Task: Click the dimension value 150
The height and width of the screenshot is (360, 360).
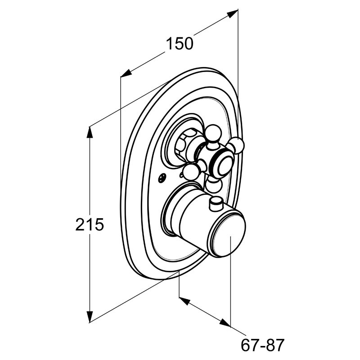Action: tap(180, 44)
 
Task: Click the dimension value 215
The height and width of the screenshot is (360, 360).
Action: tap(90, 224)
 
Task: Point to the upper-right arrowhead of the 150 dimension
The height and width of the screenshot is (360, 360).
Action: tap(232, 14)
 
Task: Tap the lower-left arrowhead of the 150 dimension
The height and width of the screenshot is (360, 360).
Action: tap(126, 72)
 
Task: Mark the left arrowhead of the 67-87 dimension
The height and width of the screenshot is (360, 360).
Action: tap(184, 301)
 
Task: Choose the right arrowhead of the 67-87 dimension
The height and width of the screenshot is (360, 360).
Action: tap(225, 322)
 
